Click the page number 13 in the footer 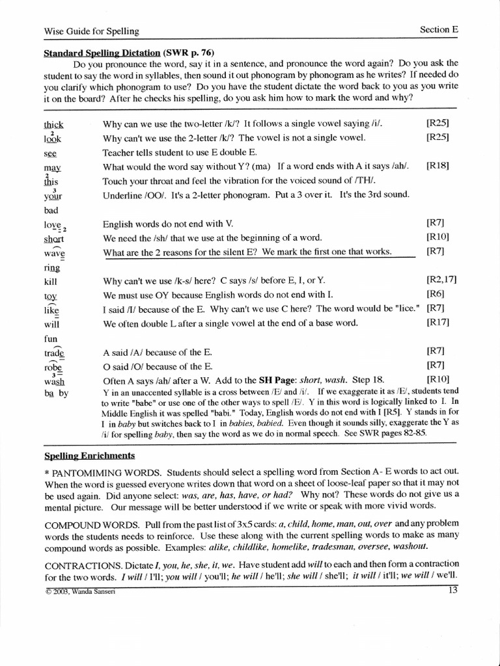pyautogui.click(x=454, y=591)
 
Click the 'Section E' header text pyautogui.click(x=439, y=29)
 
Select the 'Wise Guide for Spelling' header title pyautogui.click(x=91, y=30)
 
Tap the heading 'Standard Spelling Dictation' pyautogui.click(x=102, y=51)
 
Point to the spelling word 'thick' pyautogui.click(x=53, y=124)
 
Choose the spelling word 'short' pyautogui.click(x=53, y=239)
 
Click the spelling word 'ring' pyautogui.click(x=51, y=267)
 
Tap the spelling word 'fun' pyautogui.click(x=51, y=338)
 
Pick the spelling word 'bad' pyautogui.click(x=51, y=210)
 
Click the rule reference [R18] pyautogui.click(x=437, y=166)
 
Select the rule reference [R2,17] pyautogui.click(x=441, y=280)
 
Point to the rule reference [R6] pyautogui.click(x=435, y=295)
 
